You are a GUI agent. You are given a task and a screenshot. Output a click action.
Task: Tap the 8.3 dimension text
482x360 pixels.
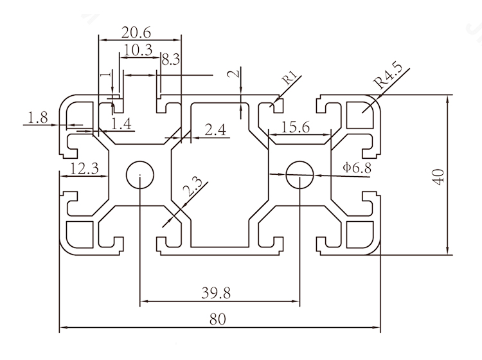(x=171, y=61)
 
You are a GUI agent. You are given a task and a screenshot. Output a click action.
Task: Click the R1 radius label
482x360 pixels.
(x=290, y=78)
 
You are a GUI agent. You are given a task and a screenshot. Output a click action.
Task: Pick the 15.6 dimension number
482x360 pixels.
(x=296, y=127)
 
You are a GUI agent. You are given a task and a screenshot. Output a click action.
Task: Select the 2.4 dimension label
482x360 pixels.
(x=215, y=130)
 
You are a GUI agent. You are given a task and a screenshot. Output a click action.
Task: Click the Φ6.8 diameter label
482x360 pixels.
(x=357, y=168)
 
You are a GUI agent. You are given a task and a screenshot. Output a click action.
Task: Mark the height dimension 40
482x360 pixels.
(x=438, y=175)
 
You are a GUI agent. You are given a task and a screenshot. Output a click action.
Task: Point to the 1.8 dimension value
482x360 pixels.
(x=38, y=117)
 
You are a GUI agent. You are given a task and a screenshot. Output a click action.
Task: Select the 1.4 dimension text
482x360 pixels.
(x=121, y=125)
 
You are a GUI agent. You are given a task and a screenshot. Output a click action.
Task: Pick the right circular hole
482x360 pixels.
(x=299, y=174)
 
